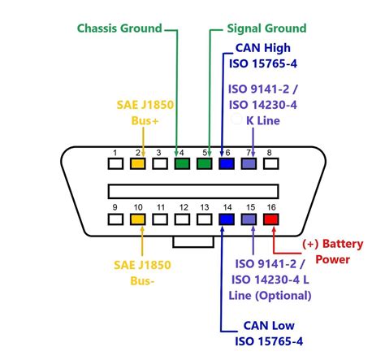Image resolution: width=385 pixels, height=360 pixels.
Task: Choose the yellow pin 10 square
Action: click(x=137, y=219)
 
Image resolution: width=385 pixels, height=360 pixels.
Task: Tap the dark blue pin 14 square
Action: click(x=227, y=219)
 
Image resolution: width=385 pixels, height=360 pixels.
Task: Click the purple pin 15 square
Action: click(x=249, y=219)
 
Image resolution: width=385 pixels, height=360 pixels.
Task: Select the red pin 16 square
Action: click(x=270, y=219)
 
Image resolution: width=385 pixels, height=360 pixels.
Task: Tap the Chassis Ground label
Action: click(x=119, y=28)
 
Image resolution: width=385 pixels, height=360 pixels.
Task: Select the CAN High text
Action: click(x=261, y=49)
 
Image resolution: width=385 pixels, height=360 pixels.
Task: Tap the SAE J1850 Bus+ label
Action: click(x=138, y=114)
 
